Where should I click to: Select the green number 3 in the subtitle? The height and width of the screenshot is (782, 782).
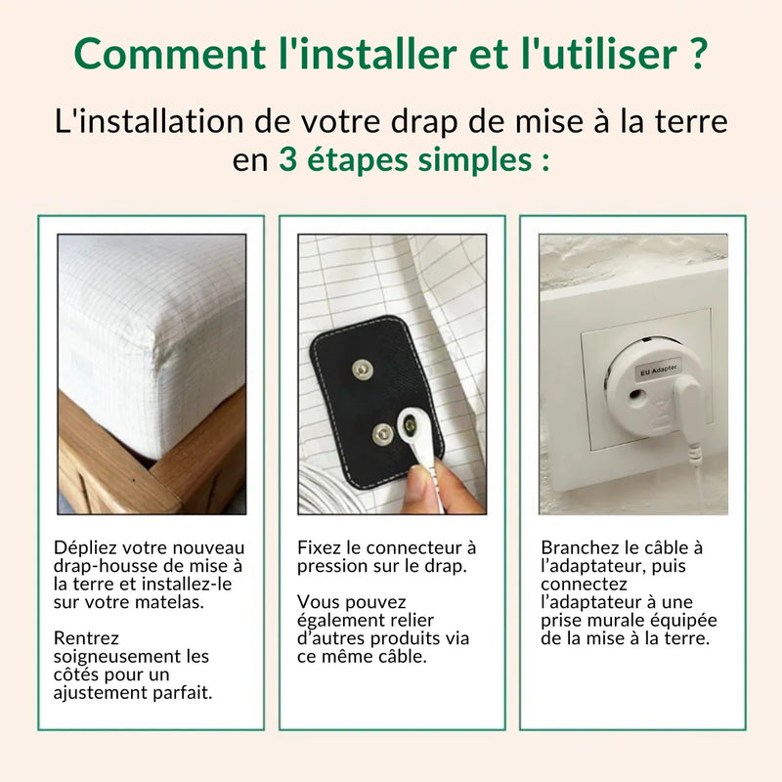289,159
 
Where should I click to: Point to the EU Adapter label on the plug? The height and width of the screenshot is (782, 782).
657,372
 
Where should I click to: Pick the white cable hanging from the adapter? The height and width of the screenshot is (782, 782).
696,459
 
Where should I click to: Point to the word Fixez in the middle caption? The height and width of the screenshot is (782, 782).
319,548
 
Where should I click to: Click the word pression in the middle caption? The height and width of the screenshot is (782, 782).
331,566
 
